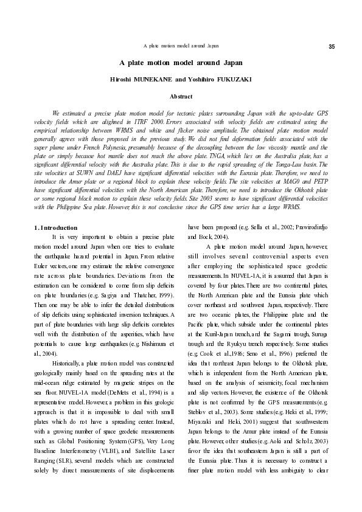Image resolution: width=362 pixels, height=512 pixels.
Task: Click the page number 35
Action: click(x=332, y=47)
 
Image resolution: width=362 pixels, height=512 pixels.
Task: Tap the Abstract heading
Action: click(x=181, y=97)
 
